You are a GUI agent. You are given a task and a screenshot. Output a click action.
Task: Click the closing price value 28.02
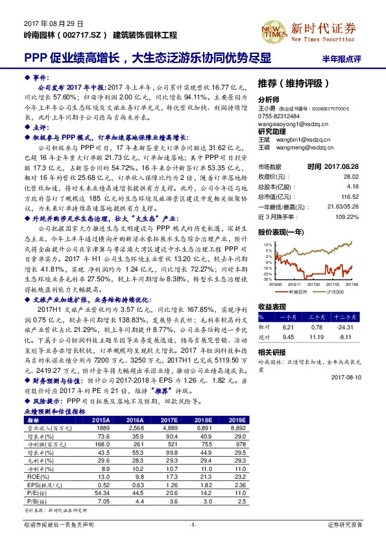pyautogui.click(x=368, y=175)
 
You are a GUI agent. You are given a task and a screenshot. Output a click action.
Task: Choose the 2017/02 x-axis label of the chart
pyautogui.click(x=311, y=284)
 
